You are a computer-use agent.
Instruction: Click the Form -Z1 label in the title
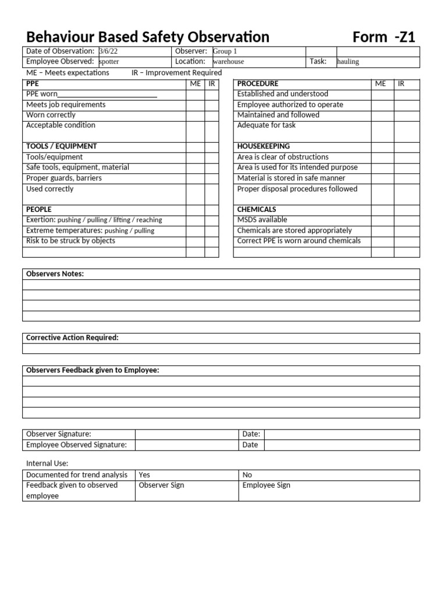click(384, 37)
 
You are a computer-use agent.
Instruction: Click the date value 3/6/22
click(108, 51)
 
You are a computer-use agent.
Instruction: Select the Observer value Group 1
click(225, 51)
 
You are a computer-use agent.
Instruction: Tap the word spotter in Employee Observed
click(109, 62)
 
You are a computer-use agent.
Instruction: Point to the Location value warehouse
click(228, 62)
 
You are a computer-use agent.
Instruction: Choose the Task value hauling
click(348, 62)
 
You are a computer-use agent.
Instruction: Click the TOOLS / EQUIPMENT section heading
click(62, 146)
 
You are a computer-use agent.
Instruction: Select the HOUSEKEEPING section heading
click(263, 146)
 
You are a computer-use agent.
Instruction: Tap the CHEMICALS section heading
click(257, 209)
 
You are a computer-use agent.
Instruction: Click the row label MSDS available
click(262, 219)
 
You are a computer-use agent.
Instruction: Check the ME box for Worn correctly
click(195, 115)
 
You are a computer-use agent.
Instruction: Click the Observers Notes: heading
click(55, 274)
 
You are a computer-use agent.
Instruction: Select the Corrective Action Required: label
click(72, 338)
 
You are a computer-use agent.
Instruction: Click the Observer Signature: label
click(59, 434)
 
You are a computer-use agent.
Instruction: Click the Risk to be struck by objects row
click(70, 241)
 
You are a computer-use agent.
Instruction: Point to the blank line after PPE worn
click(108, 94)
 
